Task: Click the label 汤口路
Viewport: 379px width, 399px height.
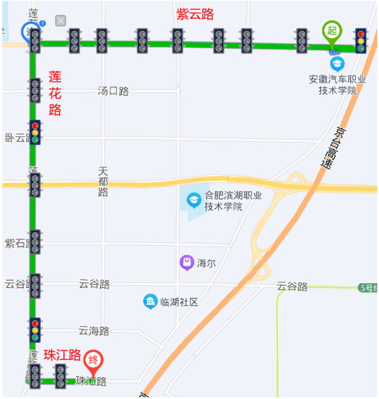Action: pos(113,91)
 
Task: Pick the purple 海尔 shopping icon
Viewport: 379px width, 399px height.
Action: pos(186,263)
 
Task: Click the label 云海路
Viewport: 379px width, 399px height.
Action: pos(94,331)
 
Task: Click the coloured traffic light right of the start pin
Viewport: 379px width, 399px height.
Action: pos(361,41)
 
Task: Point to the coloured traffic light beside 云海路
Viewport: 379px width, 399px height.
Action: pos(35,330)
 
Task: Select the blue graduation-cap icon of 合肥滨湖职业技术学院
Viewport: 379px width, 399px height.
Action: pos(193,199)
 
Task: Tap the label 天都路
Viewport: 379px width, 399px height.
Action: pos(102,182)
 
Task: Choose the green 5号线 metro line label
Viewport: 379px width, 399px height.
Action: pos(369,287)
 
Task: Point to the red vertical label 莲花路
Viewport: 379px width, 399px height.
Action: pos(55,94)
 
